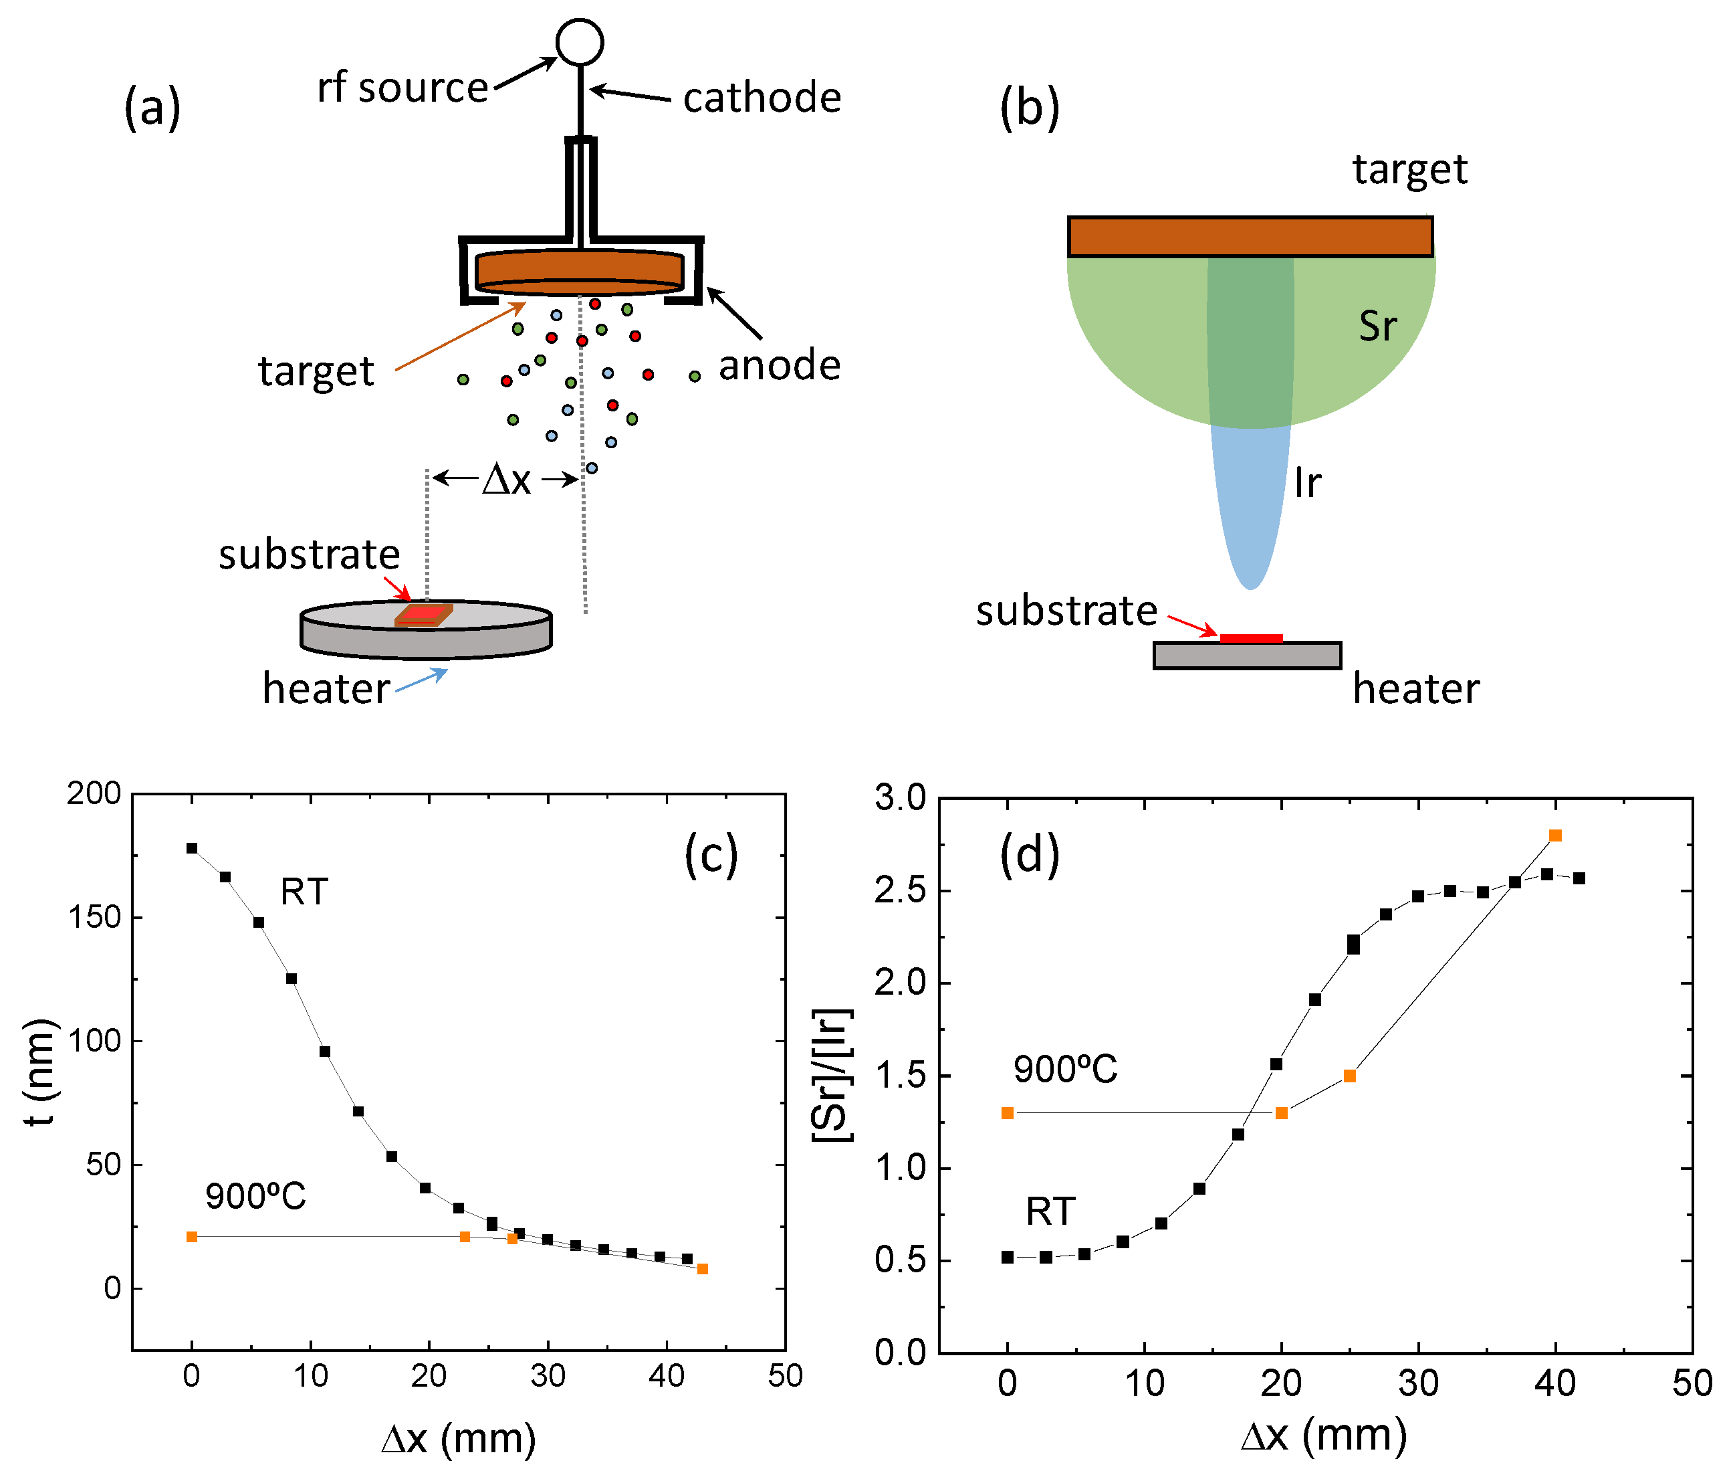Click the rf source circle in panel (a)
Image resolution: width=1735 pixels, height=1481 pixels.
click(580, 42)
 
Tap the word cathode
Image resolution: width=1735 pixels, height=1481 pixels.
click(761, 98)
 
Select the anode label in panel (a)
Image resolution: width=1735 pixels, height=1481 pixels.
click(780, 365)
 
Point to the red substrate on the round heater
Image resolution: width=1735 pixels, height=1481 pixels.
click(424, 614)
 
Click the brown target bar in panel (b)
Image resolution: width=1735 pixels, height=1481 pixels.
click(1250, 237)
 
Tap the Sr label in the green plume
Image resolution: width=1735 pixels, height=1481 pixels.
click(1377, 326)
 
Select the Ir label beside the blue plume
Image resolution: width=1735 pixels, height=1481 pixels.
click(1307, 484)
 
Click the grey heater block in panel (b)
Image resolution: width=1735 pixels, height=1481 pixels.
click(1247, 655)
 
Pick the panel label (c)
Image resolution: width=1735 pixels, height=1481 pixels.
click(711, 856)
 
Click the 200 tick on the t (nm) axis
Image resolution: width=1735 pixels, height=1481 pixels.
click(94, 793)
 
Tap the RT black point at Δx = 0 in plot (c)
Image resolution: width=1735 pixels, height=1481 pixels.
click(192, 848)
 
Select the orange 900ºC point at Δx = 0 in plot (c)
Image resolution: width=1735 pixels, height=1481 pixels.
click(192, 1236)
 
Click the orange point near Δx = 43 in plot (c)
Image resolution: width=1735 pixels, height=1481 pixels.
click(703, 1269)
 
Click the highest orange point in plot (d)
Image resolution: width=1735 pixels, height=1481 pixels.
click(1555, 835)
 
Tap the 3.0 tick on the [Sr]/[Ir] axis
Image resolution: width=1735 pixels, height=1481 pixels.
click(900, 797)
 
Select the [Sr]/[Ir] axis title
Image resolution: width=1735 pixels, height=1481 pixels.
click(832, 1076)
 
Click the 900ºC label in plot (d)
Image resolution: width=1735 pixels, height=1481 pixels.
click(1065, 1070)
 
